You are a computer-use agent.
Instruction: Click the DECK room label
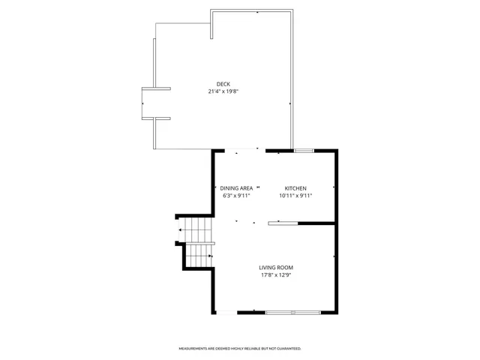pos(223,84)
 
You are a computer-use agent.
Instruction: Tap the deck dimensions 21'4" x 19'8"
pos(223,91)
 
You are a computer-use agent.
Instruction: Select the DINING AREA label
pos(235,187)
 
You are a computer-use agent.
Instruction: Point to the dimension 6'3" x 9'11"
pos(235,195)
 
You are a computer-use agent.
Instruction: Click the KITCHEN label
pos(295,187)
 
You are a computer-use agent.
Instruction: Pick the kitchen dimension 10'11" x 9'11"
pos(295,195)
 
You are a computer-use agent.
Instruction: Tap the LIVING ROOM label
pos(276,268)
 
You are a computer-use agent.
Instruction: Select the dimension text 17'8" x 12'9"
pos(276,275)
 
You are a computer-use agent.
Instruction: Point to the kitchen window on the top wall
pos(304,151)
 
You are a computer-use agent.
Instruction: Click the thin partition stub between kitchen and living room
pos(284,223)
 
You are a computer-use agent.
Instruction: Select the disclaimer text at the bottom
pos(239,349)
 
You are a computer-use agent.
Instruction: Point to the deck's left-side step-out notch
pos(156,103)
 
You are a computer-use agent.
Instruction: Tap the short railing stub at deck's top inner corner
pos(213,24)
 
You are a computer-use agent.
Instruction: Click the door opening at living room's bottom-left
pos(227,311)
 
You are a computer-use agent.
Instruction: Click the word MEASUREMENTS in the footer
pos(191,349)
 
